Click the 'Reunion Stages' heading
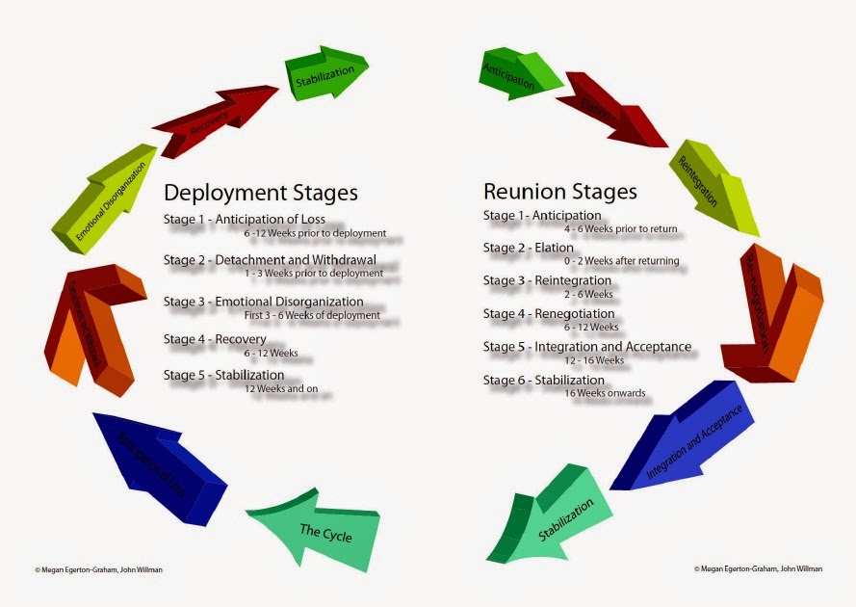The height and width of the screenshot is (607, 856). (x=559, y=191)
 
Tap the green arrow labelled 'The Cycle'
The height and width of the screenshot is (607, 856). (x=318, y=532)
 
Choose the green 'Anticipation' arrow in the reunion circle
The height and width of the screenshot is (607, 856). (x=516, y=75)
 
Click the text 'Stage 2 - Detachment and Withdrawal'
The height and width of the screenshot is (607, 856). (x=270, y=260)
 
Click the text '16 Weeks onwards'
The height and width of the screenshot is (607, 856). (x=606, y=393)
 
